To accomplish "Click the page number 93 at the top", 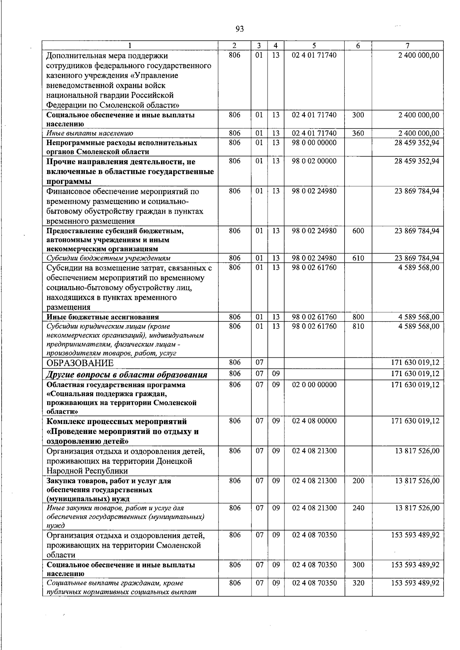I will point(240,29).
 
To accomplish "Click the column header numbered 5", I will point(314,45).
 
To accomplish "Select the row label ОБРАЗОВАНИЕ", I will point(80,363).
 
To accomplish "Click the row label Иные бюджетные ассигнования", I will point(103,317).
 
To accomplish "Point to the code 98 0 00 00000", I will point(314,143).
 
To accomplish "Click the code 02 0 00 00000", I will point(314,385).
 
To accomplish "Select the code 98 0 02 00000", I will point(314,161).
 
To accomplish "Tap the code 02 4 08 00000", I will point(314,421).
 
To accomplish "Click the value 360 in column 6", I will point(358,133).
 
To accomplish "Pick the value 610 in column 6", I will point(358,258).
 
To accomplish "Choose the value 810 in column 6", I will point(358,326).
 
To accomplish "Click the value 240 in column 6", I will point(358,508).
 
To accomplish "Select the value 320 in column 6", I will point(358,583).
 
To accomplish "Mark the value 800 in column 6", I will point(358,317).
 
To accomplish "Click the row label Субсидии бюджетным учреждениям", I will point(108,258).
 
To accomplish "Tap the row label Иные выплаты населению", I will point(90,133).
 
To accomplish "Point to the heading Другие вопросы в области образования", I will point(127,375).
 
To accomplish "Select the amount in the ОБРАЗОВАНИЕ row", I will point(415,362).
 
